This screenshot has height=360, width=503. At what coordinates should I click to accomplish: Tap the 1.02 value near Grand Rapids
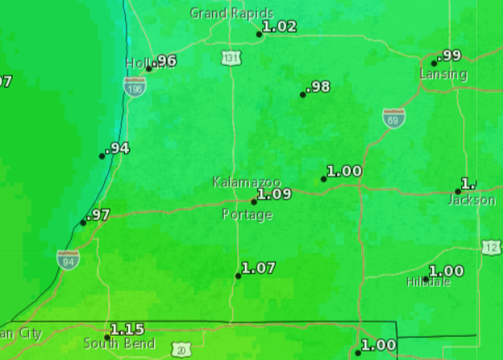pos(279,27)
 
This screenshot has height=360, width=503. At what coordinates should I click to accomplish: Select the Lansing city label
pos(444,74)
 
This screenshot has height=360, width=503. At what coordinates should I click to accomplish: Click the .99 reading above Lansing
pos(450,56)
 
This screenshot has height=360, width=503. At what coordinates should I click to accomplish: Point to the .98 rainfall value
pos(318,87)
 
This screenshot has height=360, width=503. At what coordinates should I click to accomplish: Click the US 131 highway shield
pos(232,57)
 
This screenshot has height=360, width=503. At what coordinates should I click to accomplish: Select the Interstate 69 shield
pos(394,118)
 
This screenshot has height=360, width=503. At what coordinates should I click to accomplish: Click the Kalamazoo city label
pos(247,182)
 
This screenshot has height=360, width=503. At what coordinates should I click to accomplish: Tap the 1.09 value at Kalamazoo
pos(274,194)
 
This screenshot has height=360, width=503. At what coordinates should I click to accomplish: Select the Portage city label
pos(247,215)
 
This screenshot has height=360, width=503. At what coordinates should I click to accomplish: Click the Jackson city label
pos(471,200)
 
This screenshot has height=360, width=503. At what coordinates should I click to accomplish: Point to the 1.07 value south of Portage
pos(258,267)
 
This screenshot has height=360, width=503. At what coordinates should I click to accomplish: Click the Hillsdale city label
pos(429,282)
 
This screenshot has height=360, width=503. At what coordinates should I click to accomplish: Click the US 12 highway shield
pos(491,247)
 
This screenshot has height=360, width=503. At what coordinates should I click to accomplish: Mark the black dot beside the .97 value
pos(83,222)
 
